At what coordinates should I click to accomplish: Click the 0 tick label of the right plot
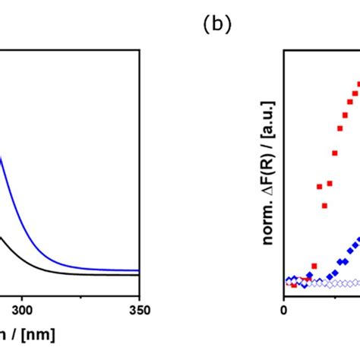point(283,309)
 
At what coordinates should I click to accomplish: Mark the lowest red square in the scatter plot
point(294,285)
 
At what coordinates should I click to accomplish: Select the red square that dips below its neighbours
point(324,205)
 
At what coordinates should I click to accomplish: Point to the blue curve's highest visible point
point(1,156)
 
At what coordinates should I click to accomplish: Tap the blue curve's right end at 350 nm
point(139,270)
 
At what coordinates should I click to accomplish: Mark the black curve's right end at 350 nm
point(139,275)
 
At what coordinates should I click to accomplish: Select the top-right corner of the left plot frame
point(140,51)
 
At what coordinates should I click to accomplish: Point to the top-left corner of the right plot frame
point(283,51)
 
